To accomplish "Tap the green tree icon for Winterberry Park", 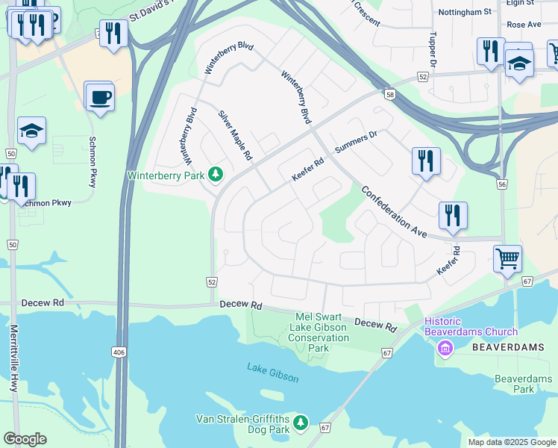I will [x=216, y=175].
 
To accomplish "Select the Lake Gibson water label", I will [x=273, y=373].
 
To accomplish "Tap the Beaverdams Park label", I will [x=524, y=384].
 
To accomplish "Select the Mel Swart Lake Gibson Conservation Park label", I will [x=319, y=333].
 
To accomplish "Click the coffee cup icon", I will [x=100, y=96].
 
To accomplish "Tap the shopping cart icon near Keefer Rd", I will [x=507, y=259].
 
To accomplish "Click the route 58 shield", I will [x=390, y=94].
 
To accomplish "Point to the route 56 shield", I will [x=501, y=184].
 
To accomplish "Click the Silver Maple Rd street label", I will [x=236, y=136].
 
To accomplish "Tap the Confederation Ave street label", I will [x=394, y=212].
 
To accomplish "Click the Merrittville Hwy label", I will [x=14, y=358].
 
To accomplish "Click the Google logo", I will [x=25, y=439].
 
